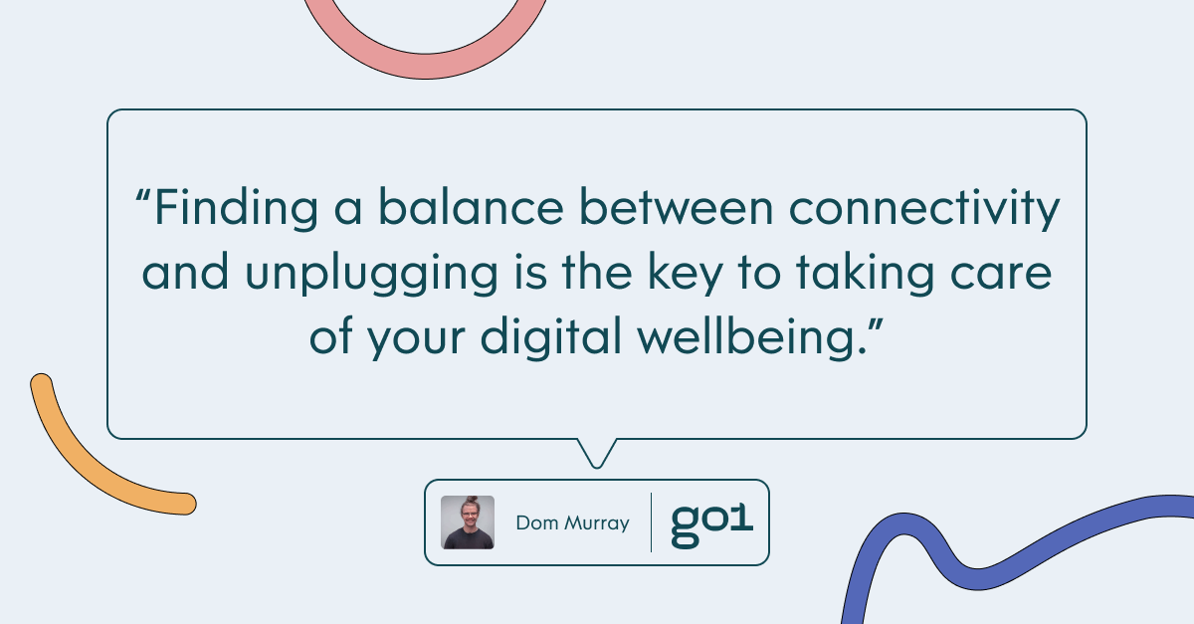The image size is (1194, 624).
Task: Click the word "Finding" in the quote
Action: click(x=237, y=209)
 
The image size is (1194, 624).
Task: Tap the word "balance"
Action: click(x=471, y=207)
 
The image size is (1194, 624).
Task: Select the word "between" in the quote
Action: click(x=676, y=207)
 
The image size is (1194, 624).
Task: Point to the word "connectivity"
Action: click(x=924, y=209)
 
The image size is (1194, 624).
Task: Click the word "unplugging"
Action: click(x=371, y=274)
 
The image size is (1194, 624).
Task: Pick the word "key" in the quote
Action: click(x=685, y=274)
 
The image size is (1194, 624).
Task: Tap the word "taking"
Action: click(x=865, y=274)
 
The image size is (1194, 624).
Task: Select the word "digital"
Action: click(x=551, y=338)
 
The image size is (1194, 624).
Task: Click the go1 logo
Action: click(x=711, y=525)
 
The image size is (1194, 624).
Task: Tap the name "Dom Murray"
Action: click(x=572, y=523)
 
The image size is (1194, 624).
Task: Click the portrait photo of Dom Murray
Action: click(x=468, y=522)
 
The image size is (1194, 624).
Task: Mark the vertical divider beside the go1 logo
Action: click(x=652, y=522)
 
